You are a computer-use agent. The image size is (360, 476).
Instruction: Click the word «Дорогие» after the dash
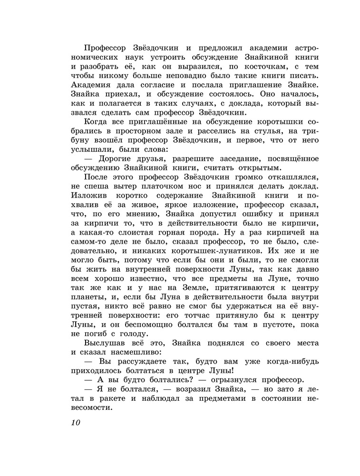[119, 159]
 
